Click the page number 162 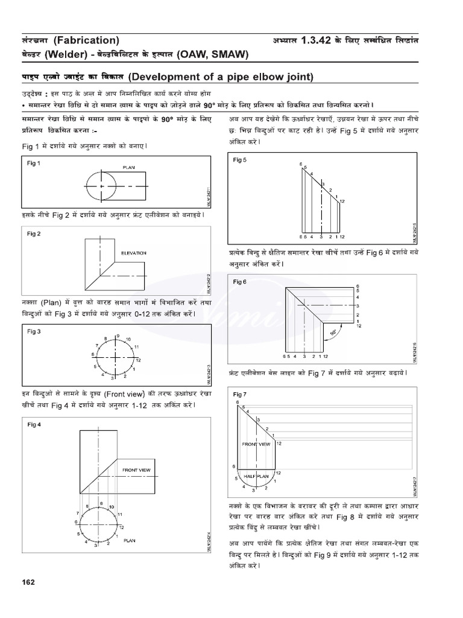[x=28, y=582]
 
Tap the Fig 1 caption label [x=34, y=164]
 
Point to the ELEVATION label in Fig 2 [x=134, y=253]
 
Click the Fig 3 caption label [x=34, y=331]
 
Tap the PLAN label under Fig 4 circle [x=130, y=541]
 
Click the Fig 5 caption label [x=240, y=160]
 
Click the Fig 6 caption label [x=240, y=281]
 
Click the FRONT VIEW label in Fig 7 [x=256, y=444]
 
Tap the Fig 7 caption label [x=240, y=394]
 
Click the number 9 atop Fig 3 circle [x=118, y=336]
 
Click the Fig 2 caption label [x=34, y=234]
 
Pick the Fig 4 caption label [x=34, y=424]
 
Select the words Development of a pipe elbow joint [x=221, y=77]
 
